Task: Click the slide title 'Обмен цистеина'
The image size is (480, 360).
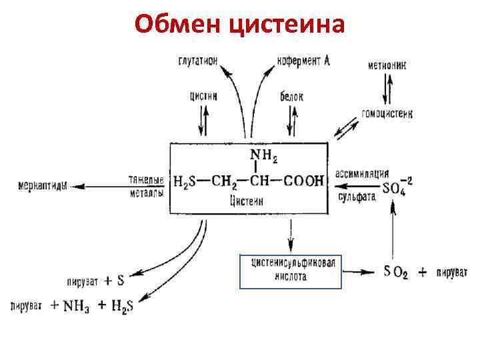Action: click(240, 25)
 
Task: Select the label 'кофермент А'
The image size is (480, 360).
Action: click(304, 61)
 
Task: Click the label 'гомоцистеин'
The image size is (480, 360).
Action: click(387, 114)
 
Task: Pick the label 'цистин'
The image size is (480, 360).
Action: click(203, 95)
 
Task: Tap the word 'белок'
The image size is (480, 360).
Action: click(292, 97)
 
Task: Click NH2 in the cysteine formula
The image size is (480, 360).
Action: click(263, 157)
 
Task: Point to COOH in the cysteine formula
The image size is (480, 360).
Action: click(304, 180)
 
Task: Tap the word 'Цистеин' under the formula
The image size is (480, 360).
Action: click(246, 200)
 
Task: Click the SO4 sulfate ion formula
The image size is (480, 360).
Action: click(397, 187)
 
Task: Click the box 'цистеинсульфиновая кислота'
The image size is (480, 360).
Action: click(290, 271)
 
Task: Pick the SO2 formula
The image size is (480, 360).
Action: click(397, 272)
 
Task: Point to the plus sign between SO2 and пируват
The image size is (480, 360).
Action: click(422, 273)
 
